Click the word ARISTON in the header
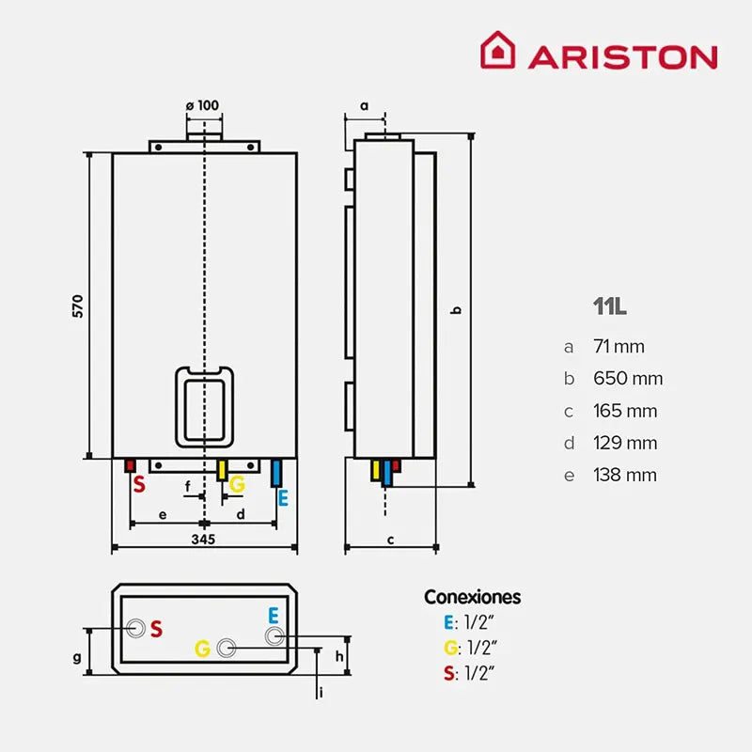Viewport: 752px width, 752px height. pyautogui.click(x=622, y=56)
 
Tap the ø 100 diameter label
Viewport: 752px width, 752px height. pyautogui.click(x=203, y=104)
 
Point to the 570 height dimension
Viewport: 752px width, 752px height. pyautogui.click(x=78, y=305)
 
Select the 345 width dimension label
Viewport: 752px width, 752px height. pyautogui.click(x=203, y=539)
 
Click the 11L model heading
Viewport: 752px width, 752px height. pyautogui.click(x=609, y=306)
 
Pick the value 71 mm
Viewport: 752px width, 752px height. pyautogui.click(x=619, y=347)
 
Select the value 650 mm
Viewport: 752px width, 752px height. pyautogui.click(x=627, y=379)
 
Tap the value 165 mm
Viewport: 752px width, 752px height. pyautogui.click(x=624, y=411)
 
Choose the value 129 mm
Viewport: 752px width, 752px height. pyautogui.click(x=624, y=443)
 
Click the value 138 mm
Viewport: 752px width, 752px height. pyautogui.click(x=624, y=475)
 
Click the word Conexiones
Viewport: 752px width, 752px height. pyautogui.click(x=472, y=597)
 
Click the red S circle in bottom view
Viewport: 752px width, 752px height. pyautogui.click(x=138, y=628)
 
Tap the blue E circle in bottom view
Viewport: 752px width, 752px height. pyautogui.click(x=274, y=636)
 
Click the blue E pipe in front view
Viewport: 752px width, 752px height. pyautogui.click(x=276, y=473)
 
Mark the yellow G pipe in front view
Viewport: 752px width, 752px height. pyautogui.click(x=223, y=470)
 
